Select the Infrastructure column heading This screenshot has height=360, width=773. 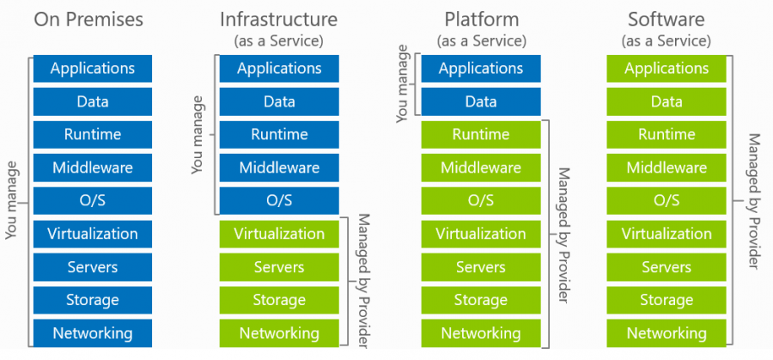point(279,18)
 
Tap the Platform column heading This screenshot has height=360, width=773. point(480,18)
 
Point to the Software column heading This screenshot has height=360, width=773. point(666,18)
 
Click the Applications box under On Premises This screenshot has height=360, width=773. point(93,69)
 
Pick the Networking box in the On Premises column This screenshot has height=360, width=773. point(93,333)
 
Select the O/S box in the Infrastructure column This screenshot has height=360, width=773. point(279,200)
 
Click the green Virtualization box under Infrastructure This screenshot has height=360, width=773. point(279,234)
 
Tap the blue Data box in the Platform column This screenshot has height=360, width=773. point(480,101)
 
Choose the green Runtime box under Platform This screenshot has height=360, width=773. point(480,135)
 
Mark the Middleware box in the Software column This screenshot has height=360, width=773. point(666,168)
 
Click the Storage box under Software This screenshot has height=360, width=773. point(666,300)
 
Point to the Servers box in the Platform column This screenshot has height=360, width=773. point(480,267)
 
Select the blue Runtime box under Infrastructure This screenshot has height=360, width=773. point(279,135)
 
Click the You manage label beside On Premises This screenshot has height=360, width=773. point(12,200)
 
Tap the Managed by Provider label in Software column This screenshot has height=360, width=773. point(753,200)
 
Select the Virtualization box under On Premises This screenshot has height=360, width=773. point(93,234)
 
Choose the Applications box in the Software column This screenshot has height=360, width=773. point(666,69)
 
